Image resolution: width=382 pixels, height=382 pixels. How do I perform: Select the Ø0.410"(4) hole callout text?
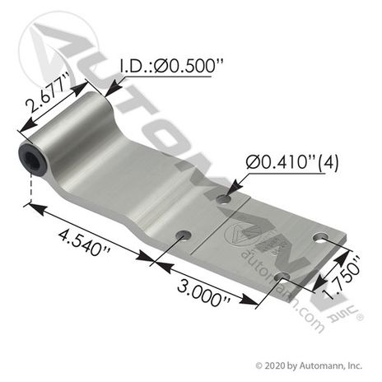pos(292,162)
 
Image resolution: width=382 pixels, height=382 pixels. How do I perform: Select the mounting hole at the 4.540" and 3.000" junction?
pos(184,236)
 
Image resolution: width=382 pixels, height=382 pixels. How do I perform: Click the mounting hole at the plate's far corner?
pos(321,237)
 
